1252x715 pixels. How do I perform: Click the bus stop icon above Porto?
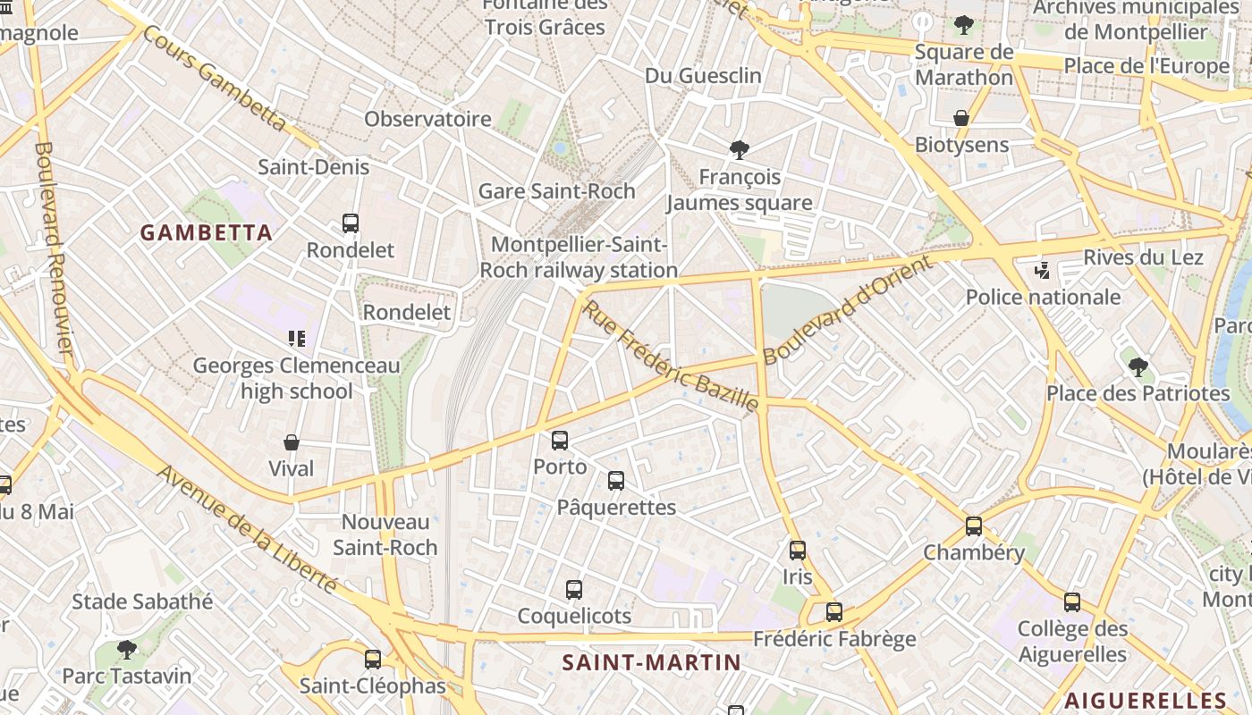click(560, 441)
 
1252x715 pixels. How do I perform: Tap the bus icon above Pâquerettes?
click(616, 481)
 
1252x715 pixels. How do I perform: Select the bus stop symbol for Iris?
click(798, 551)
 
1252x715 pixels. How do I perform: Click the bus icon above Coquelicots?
click(574, 590)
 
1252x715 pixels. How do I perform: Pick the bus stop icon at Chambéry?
click(974, 526)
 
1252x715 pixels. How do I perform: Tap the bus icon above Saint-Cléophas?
click(373, 660)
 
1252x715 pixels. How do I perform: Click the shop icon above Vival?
click(292, 442)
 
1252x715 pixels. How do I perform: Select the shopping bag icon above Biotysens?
click(961, 118)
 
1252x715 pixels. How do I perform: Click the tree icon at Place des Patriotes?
click(1138, 366)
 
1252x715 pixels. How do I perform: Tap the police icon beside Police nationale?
click(1042, 270)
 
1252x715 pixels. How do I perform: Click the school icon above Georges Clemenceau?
click(297, 339)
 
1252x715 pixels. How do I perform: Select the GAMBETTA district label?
click(207, 233)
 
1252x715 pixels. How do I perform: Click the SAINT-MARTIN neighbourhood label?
click(652, 662)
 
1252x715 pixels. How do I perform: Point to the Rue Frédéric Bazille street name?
click(671, 357)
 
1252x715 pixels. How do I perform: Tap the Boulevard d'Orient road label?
click(847, 309)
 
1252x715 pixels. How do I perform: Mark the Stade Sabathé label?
click(142, 601)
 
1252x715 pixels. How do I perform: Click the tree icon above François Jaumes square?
click(739, 149)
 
